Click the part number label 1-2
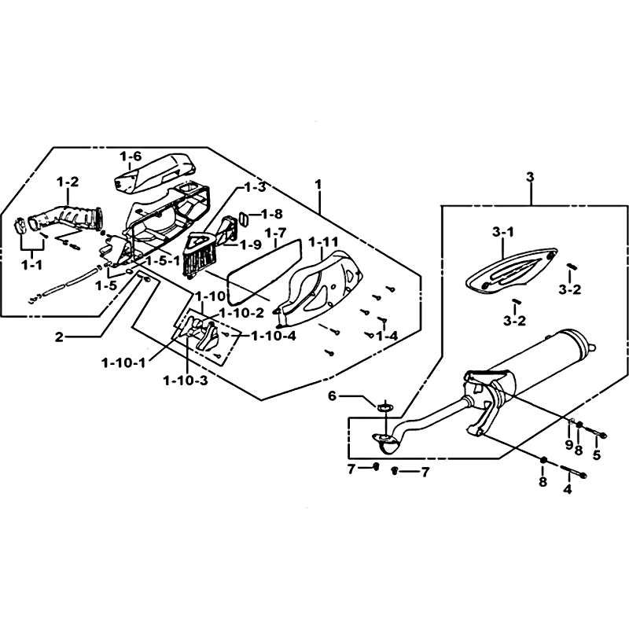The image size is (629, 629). pyautogui.click(x=68, y=182)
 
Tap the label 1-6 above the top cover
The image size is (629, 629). pyautogui.click(x=131, y=156)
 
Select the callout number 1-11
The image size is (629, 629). pyautogui.click(x=323, y=241)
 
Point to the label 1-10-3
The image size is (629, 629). pyautogui.click(x=186, y=381)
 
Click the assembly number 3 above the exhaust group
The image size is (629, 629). pyautogui.click(x=531, y=178)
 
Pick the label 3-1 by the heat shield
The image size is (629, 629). pyautogui.click(x=502, y=232)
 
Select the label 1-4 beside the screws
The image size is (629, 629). pyautogui.click(x=386, y=337)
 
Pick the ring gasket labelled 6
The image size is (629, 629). pyautogui.click(x=385, y=407)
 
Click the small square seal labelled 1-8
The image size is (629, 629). pyautogui.click(x=244, y=215)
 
